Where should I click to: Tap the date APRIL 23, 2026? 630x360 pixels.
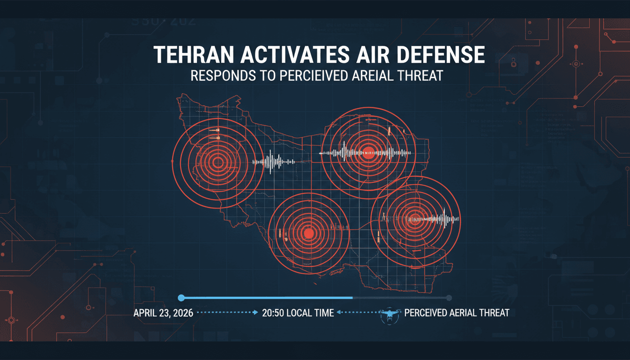coord(163,313)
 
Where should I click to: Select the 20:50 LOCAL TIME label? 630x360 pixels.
coord(297,313)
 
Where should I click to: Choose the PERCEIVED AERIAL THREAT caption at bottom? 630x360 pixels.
coord(456,313)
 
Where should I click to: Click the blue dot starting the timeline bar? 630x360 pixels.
coord(181,298)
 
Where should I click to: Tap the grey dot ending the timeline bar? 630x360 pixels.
coord(449,298)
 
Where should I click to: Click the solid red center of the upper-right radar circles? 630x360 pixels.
coord(368,151)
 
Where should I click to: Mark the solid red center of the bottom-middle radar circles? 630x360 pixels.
coord(308,232)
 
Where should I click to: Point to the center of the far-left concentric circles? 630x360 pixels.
coord(217,163)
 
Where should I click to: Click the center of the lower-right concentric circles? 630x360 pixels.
coord(414,217)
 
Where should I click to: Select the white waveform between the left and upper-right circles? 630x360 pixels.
coord(275,162)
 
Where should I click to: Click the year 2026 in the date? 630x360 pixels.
coord(182,313)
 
